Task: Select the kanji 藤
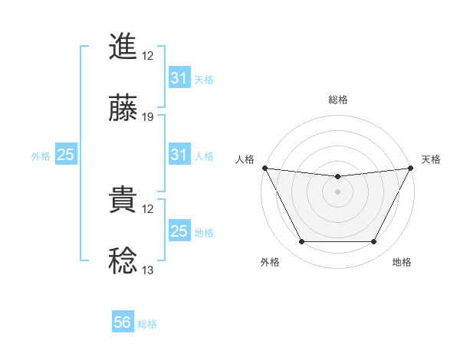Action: click(x=123, y=109)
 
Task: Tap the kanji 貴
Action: click(x=123, y=201)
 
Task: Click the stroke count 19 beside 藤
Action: click(x=148, y=117)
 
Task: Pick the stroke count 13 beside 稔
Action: click(x=148, y=270)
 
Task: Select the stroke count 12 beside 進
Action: click(x=148, y=55)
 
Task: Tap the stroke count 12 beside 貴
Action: click(x=148, y=209)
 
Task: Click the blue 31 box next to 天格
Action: click(x=179, y=78)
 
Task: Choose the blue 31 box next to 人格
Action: click(x=179, y=155)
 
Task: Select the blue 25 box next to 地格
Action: click(x=179, y=231)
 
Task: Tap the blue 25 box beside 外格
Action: click(x=65, y=155)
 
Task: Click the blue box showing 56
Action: click(x=123, y=322)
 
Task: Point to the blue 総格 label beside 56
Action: click(x=147, y=324)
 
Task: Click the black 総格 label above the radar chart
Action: click(x=337, y=100)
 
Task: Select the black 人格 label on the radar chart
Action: click(x=245, y=159)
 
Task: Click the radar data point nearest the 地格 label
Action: click(x=374, y=242)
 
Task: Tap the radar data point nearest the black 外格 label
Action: click(x=301, y=242)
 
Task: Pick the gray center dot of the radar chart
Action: click(x=337, y=191)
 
